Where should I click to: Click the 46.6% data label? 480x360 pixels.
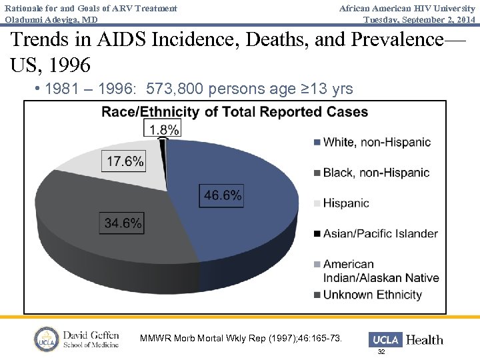[223, 195]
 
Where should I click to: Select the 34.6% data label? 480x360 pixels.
[123, 223]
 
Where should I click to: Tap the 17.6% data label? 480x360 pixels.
[124, 161]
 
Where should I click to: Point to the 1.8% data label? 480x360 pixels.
[164, 129]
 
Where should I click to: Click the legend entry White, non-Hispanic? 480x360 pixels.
[377, 142]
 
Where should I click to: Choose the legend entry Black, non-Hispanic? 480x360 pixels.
[376, 173]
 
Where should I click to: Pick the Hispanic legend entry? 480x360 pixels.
[345, 203]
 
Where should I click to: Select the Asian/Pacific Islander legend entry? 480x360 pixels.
[380, 233]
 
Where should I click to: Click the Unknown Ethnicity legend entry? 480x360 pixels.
[372, 295]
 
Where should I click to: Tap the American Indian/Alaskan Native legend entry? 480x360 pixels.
[380, 271]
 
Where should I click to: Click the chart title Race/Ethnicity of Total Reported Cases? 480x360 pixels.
[235, 112]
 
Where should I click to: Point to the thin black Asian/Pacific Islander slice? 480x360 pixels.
[162, 144]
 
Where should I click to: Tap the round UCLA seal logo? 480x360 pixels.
[47, 339]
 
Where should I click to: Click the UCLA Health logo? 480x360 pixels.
[405, 339]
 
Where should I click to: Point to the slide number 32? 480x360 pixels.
[381, 351]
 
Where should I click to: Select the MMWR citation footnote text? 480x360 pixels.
[241, 339]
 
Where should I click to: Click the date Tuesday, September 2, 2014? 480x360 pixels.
[419, 19]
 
